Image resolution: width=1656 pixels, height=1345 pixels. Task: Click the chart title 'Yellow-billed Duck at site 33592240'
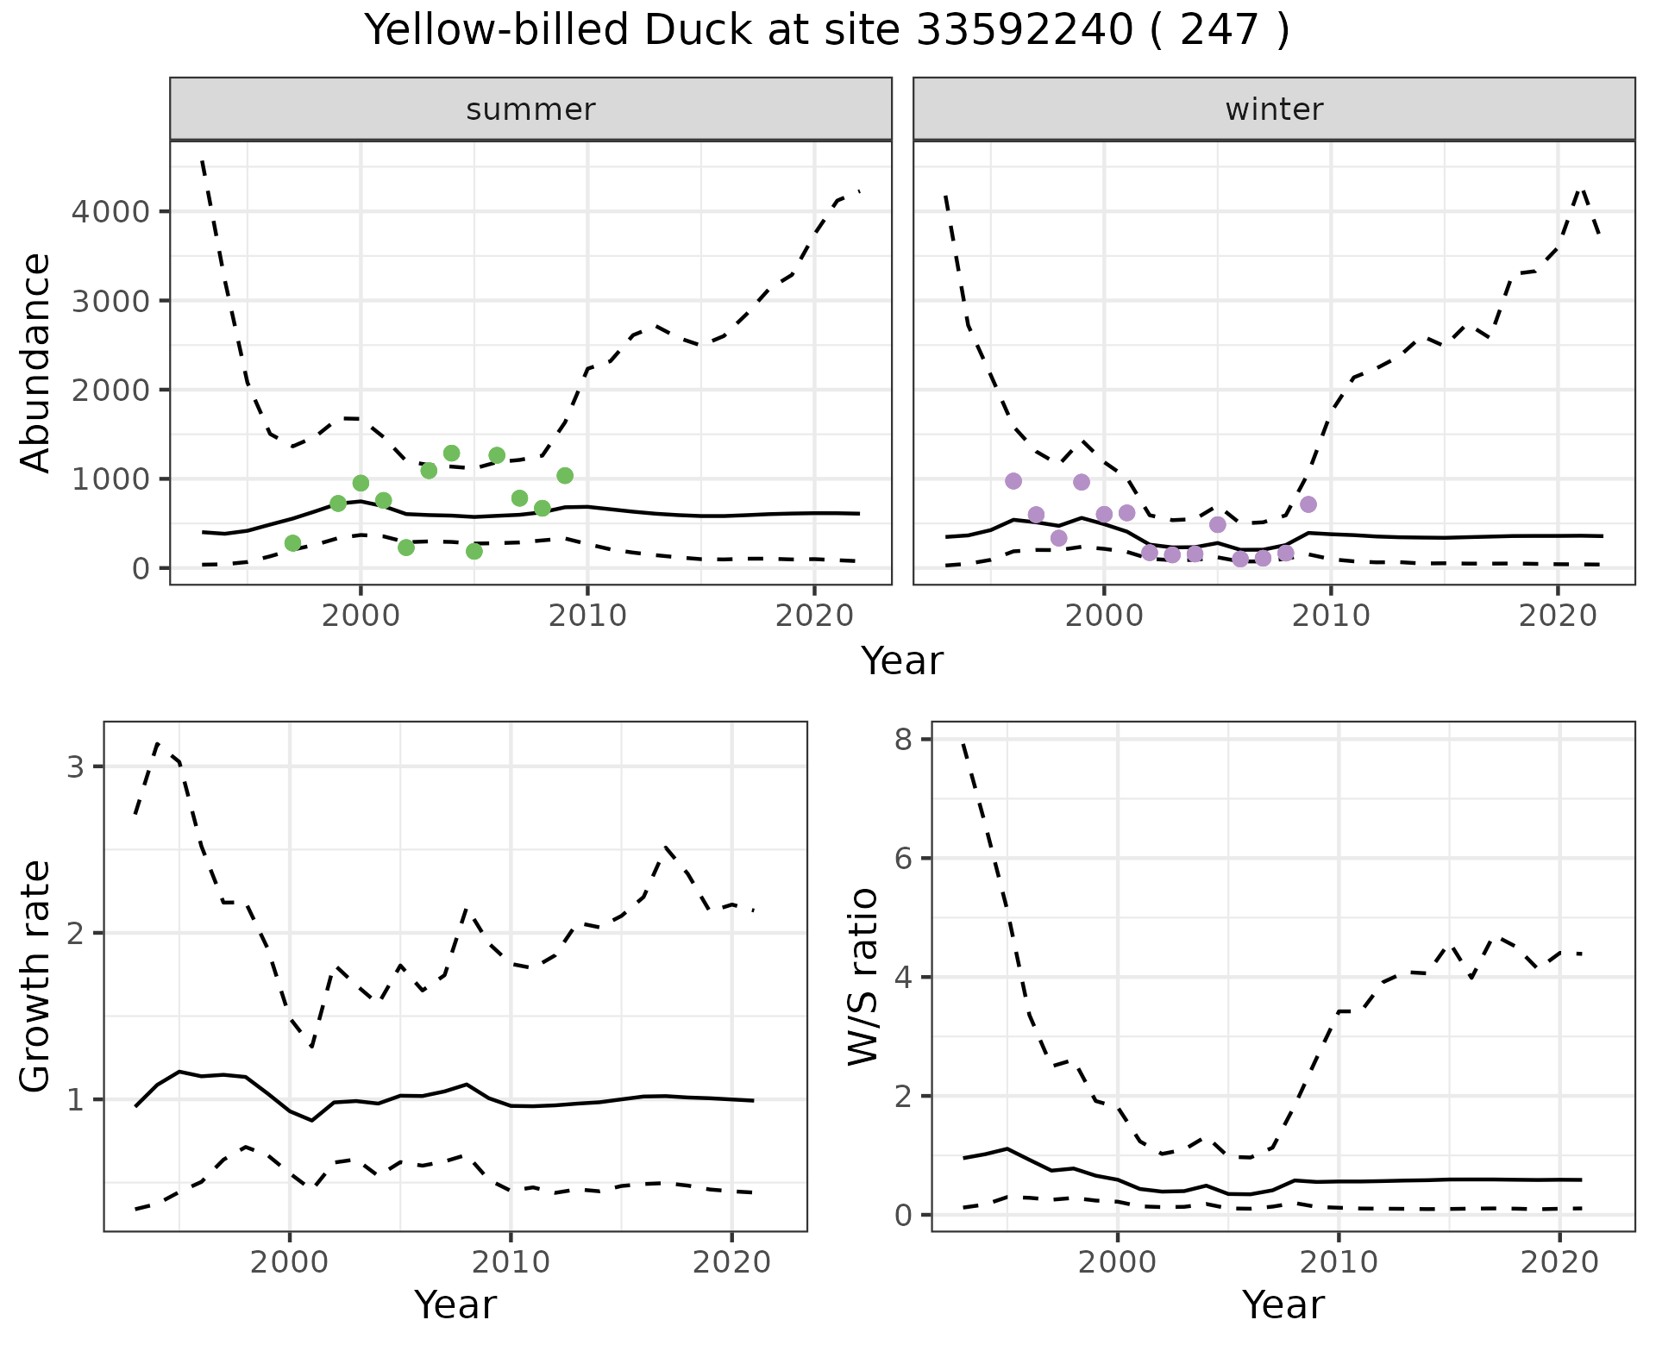pos(826,31)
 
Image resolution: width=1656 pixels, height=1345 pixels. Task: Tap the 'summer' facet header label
pos(530,109)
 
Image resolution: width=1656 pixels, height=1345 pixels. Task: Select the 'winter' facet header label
pos(1274,109)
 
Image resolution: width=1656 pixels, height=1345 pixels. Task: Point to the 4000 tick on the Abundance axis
pos(113,212)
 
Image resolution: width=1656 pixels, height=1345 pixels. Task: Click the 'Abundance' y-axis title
pos(36,362)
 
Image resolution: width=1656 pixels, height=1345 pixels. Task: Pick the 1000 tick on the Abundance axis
pos(113,479)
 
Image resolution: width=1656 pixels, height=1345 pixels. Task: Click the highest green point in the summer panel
pos(451,454)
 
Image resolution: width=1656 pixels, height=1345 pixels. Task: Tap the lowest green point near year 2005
pos(474,551)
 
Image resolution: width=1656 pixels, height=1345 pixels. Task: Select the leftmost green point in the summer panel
pos(292,543)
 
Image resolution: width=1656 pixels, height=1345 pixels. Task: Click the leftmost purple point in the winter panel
pos(1013,481)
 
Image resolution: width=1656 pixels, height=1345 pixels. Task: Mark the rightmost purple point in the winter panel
pos(1308,504)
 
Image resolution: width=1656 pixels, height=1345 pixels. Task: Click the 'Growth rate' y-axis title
pos(36,976)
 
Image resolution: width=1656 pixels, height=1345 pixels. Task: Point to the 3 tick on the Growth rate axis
pos(75,767)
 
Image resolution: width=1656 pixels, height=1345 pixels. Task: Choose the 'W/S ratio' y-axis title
pos(863,976)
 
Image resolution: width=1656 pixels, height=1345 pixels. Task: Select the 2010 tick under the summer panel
pos(587,616)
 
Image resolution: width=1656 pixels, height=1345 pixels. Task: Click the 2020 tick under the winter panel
pos(1558,616)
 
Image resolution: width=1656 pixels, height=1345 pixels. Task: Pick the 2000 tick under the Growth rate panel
pos(290,1263)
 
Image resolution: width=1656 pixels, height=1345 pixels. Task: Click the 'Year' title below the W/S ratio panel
pos(1283,1305)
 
